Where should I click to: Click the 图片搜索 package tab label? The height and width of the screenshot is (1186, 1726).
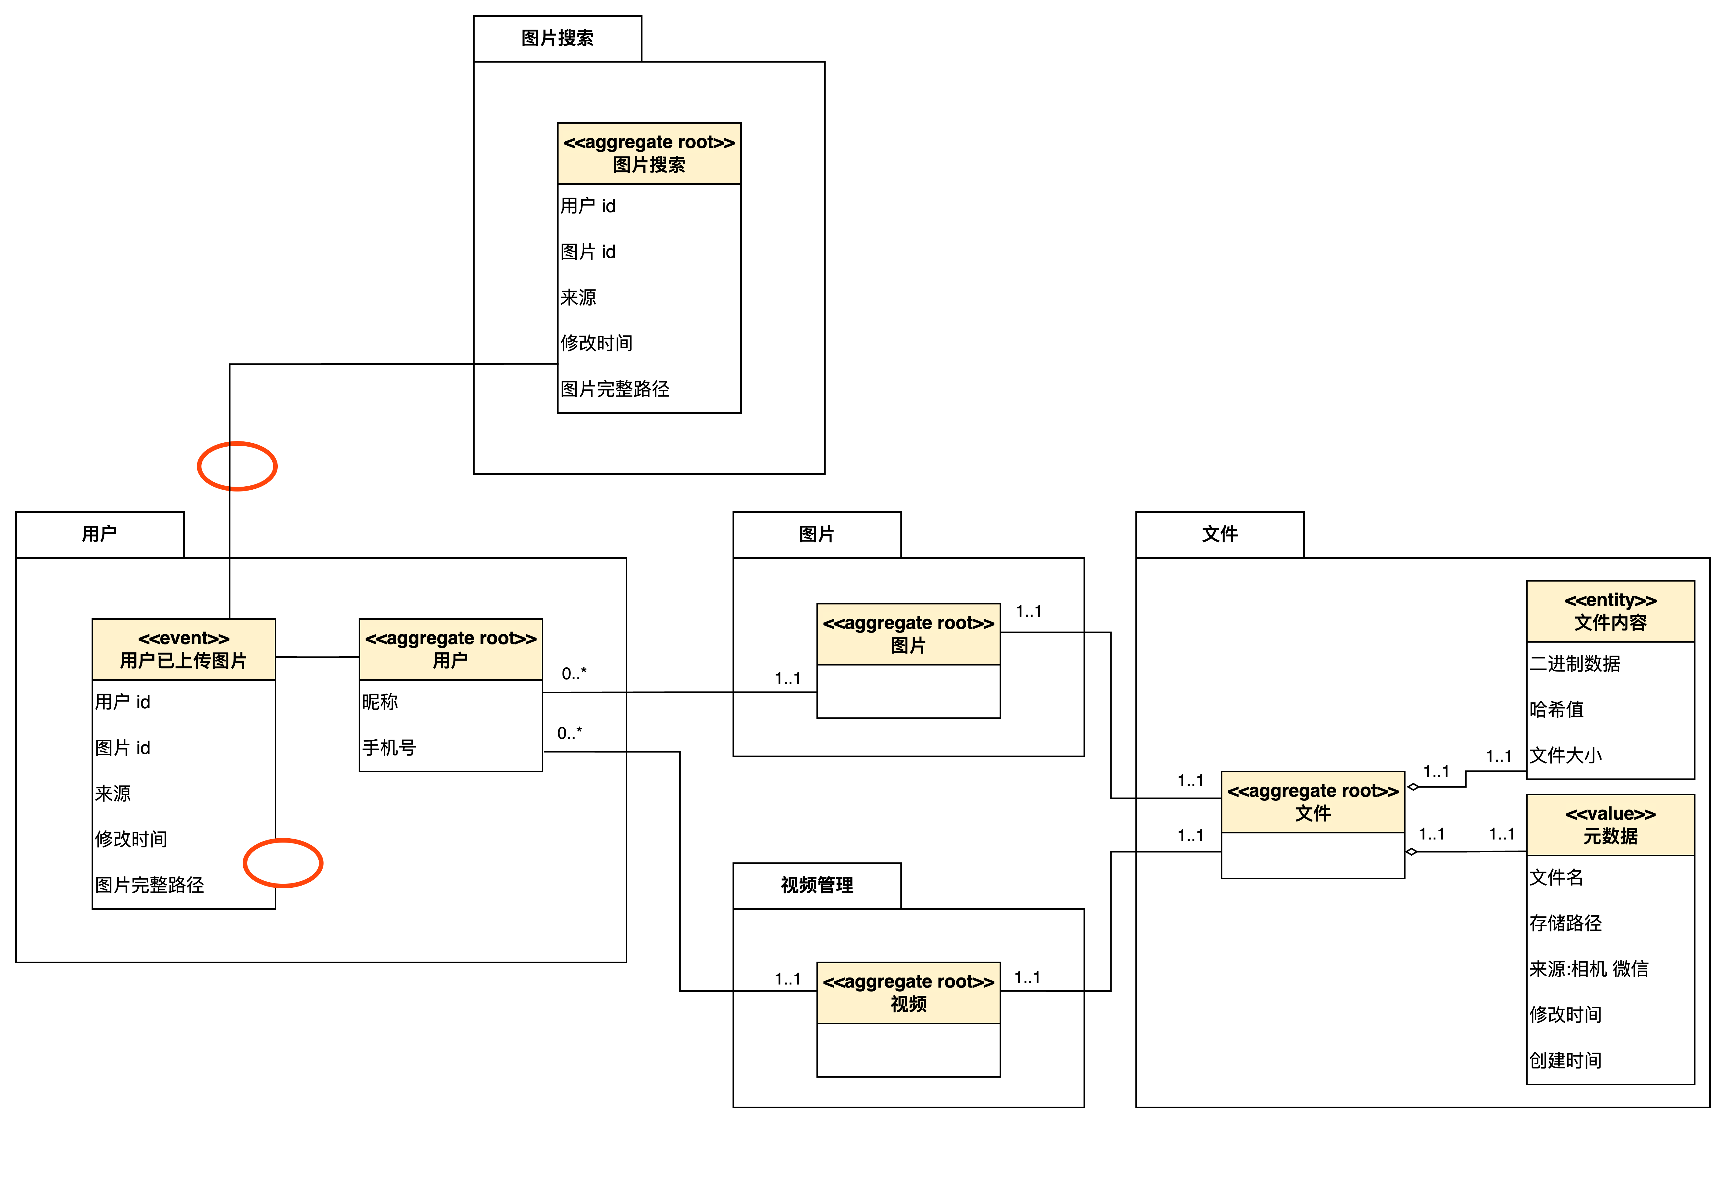click(557, 38)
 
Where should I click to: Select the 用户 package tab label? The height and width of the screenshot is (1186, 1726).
click(100, 534)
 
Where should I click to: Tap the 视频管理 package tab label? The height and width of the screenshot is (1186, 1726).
click(816, 884)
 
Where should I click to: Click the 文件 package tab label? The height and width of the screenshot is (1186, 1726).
click(1219, 534)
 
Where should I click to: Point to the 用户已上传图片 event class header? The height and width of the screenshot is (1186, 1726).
click(183, 650)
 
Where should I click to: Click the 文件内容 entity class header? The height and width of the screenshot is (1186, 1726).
click(1610, 611)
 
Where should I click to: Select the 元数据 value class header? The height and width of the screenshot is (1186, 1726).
click(1610, 825)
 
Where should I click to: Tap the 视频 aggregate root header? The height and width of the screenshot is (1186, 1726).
click(908, 993)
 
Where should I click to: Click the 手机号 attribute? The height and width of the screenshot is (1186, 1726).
click(389, 748)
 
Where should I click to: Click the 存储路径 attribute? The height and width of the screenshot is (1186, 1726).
click(1565, 923)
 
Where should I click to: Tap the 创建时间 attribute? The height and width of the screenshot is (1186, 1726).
click(1565, 1061)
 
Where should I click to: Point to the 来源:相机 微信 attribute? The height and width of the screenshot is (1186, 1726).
click(1589, 969)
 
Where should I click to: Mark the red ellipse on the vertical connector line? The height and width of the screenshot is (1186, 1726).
click(237, 466)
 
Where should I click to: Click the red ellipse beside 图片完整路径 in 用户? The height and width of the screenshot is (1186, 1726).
click(283, 863)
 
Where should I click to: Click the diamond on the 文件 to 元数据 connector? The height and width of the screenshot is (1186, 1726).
click(1412, 852)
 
